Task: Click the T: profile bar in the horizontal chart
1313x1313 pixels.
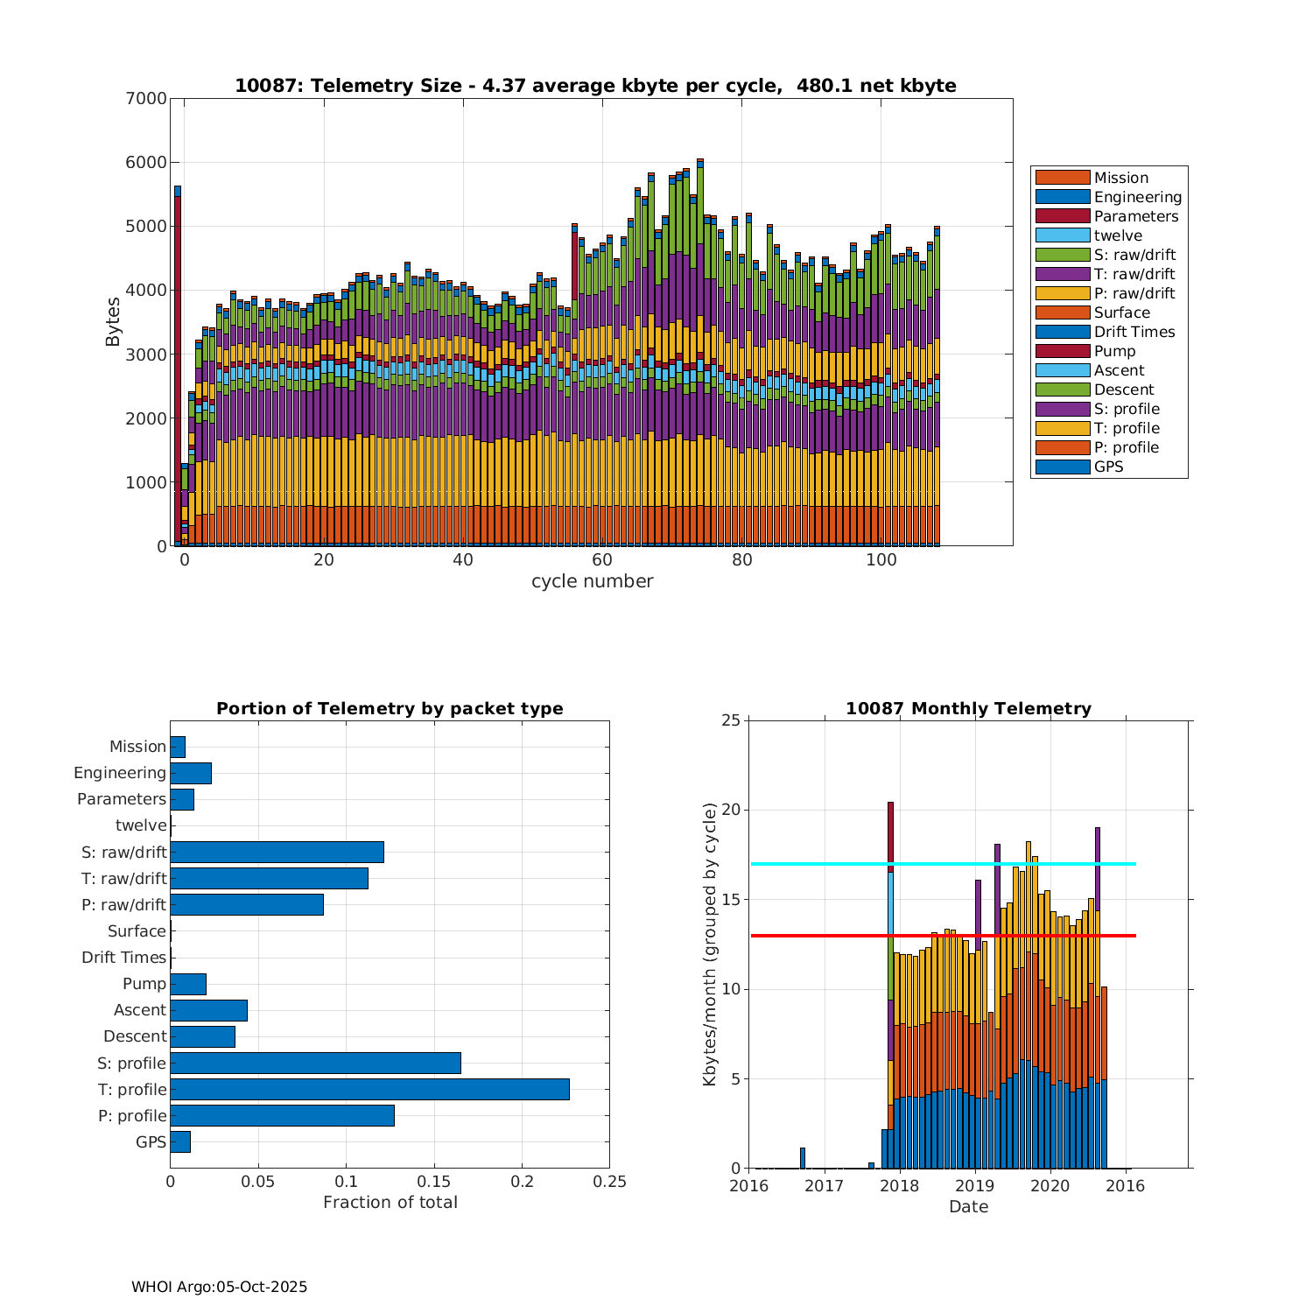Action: pos(369,1089)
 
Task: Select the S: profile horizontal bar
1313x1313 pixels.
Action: pos(315,1063)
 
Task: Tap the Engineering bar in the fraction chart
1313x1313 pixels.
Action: pos(191,773)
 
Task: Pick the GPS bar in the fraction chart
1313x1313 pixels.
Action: pos(180,1141)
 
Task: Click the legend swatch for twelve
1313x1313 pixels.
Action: pos(1062,235)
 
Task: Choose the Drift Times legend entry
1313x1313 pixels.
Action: pos(1134,332)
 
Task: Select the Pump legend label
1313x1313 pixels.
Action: pos(1114,351)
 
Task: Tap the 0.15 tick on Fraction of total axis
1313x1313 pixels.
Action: pos(434,1182)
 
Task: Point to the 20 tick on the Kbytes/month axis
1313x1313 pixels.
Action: pos(730,811)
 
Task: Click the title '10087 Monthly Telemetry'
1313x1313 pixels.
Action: pos(968,709)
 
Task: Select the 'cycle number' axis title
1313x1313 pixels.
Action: pos(592,581)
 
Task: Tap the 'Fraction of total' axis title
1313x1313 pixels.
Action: pos(390,1203)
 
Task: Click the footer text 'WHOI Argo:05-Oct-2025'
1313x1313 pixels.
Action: pos(220,1287)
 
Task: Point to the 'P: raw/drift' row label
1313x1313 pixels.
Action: pos(123,905)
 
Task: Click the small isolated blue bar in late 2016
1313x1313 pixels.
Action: pos(803,1158)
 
